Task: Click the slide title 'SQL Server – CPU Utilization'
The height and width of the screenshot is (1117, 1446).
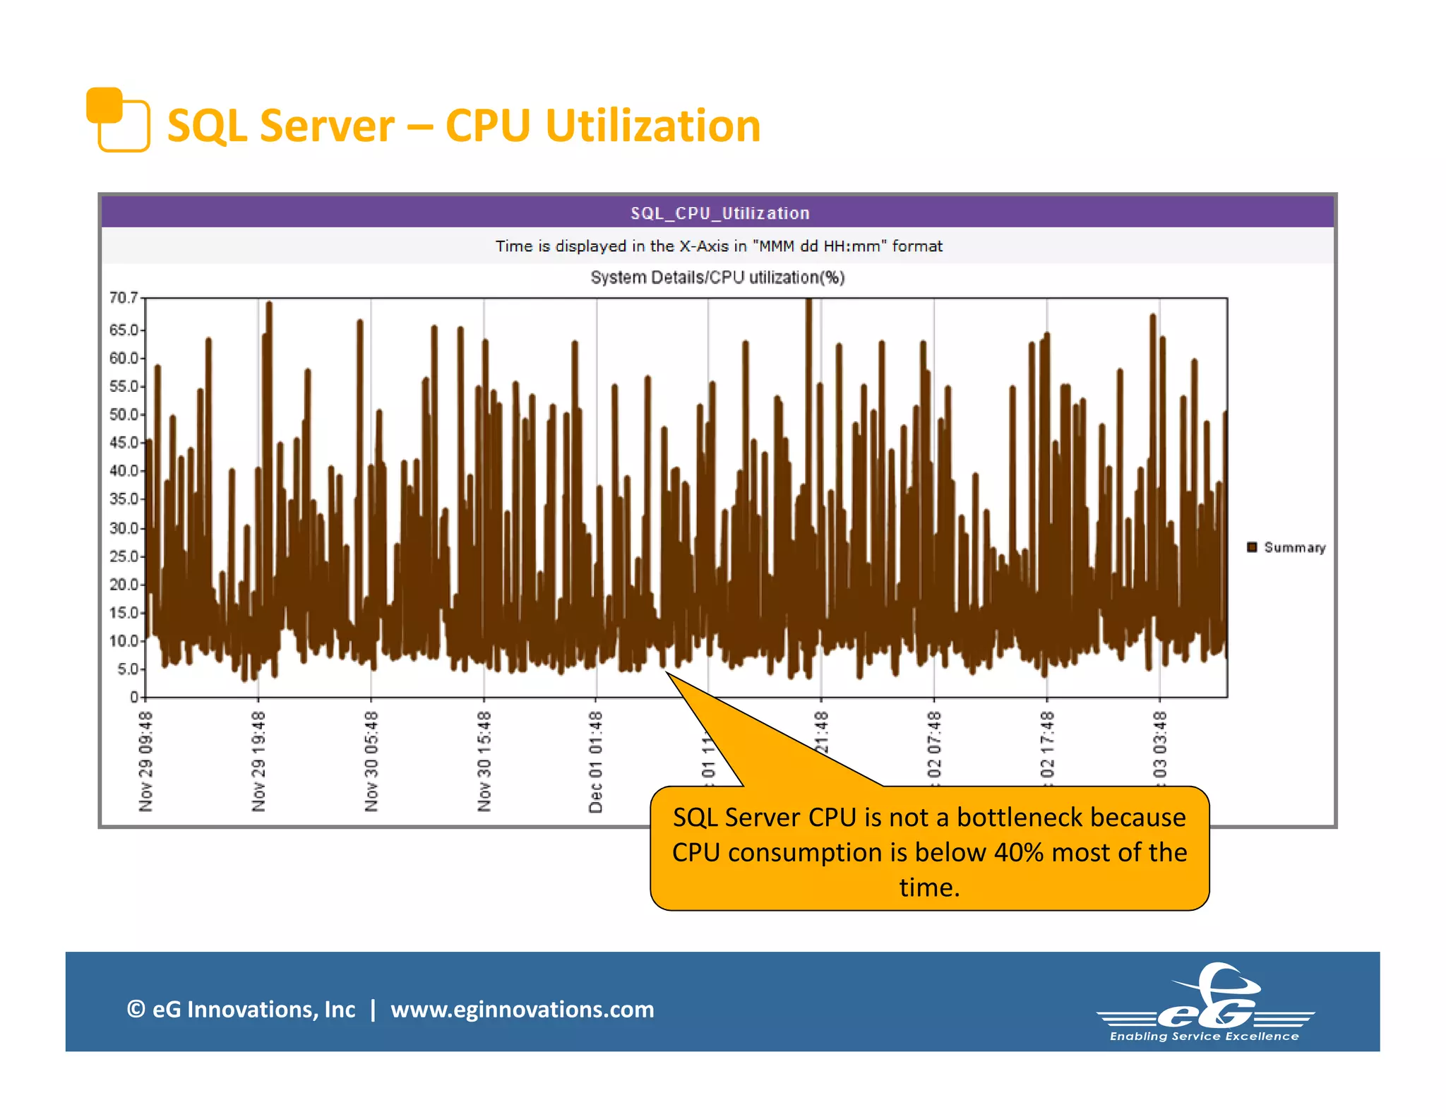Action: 463,126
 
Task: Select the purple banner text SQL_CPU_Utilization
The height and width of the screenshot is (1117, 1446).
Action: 719,213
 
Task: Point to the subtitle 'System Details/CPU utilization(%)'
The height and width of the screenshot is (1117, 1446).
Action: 717,277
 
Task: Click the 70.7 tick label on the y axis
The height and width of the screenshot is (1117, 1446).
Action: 123,298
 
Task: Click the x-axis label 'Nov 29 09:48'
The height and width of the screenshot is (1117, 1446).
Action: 145,761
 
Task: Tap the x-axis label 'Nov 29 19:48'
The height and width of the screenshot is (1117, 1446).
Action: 258,761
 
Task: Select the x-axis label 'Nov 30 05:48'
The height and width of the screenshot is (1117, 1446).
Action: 371,761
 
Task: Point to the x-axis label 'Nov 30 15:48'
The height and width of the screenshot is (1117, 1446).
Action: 484,761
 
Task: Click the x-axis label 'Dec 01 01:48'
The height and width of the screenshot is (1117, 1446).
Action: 596,761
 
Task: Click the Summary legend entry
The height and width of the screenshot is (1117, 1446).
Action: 1286,547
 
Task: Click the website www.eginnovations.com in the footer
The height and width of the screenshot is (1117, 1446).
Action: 522,1009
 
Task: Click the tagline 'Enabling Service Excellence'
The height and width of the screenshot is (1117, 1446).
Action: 1204,1037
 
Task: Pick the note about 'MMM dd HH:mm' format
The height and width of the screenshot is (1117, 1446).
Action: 718,246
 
